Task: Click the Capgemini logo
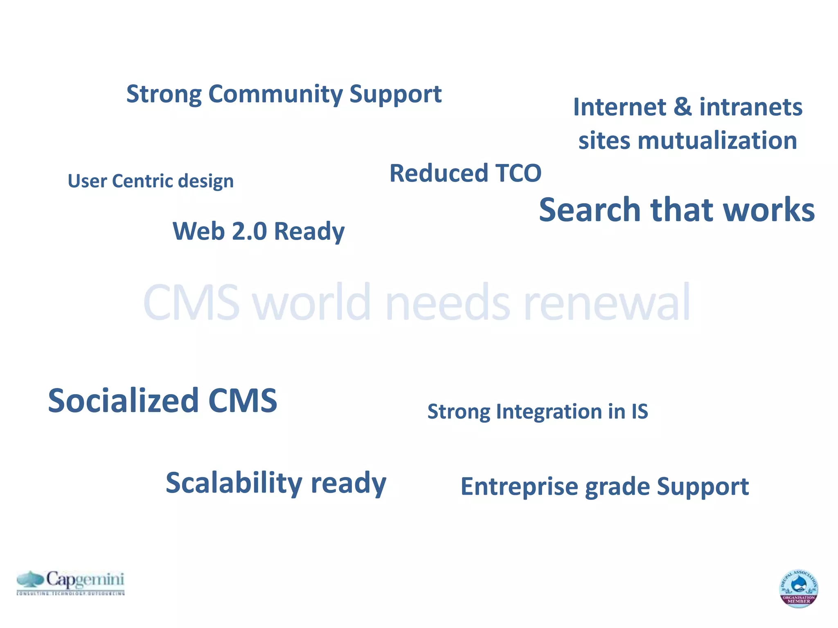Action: point(70,582)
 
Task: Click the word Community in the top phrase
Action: point(275,94)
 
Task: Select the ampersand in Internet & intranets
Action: point(682,107)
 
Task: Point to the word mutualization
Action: point(717,141)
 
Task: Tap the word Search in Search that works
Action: point(589,210)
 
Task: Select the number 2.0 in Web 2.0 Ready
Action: point(249,231)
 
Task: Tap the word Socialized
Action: point(123,401)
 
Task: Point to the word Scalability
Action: point(234,483)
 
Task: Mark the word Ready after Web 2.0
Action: point(309,231)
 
